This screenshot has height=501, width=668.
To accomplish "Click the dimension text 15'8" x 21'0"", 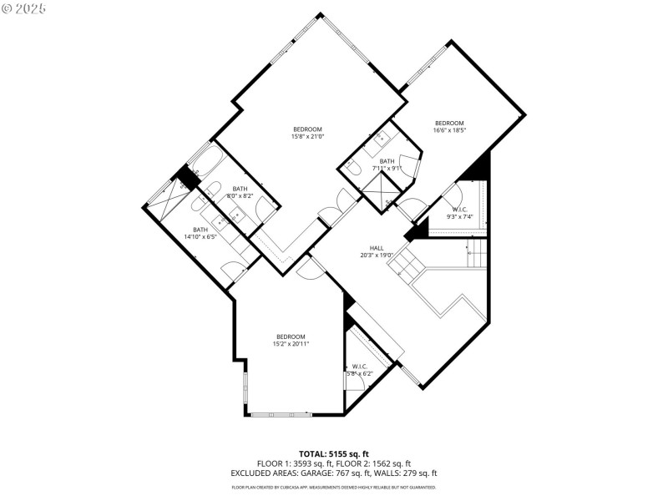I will click(307, 136).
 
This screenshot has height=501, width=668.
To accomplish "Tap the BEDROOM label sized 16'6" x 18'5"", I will click(449, 123).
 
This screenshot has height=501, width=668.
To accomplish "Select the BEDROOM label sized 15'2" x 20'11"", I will click(291, 337).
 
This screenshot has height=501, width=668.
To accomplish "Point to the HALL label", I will click(377, 248).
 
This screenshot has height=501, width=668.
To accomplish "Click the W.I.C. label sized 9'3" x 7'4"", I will click(461, 210).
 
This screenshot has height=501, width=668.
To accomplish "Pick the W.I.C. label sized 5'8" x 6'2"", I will click(360, 366).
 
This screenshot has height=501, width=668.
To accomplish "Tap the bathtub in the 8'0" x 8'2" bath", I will click(205, 161).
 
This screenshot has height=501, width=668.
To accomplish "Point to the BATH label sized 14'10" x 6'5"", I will click(200, 230).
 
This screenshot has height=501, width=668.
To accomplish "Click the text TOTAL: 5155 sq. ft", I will click(333, 453).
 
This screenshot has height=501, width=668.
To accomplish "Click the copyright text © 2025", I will click(23, 8).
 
